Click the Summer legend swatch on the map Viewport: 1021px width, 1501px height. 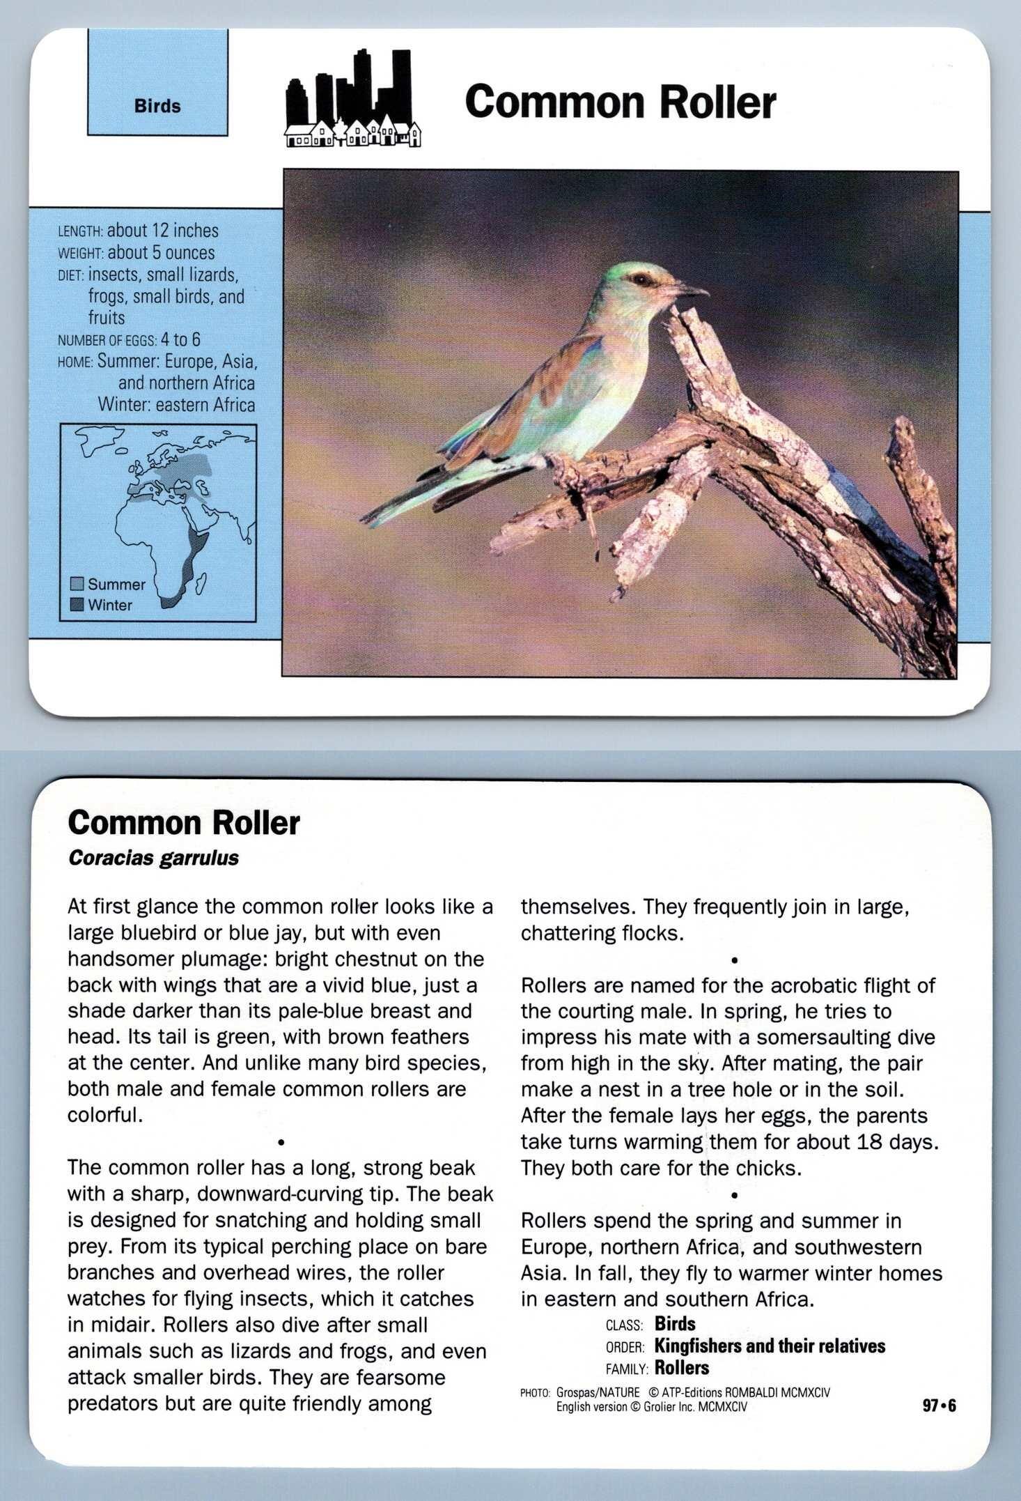tap(77, 584)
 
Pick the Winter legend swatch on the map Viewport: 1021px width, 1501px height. tap(77, 605)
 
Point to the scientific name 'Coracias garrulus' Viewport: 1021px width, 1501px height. tap(153, 858)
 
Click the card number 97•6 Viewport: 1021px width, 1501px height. tap(939, 1406)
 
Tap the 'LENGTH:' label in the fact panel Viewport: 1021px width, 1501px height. tap(81, 232)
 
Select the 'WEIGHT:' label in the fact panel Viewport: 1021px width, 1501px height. tap(80, 254)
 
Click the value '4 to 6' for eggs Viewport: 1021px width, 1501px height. tap(180, 339)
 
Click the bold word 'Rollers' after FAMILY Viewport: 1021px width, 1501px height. tap(682, 1368)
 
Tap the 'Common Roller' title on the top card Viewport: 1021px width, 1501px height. tap(620, 102)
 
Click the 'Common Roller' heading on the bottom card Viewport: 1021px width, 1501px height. tap(184, 822)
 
